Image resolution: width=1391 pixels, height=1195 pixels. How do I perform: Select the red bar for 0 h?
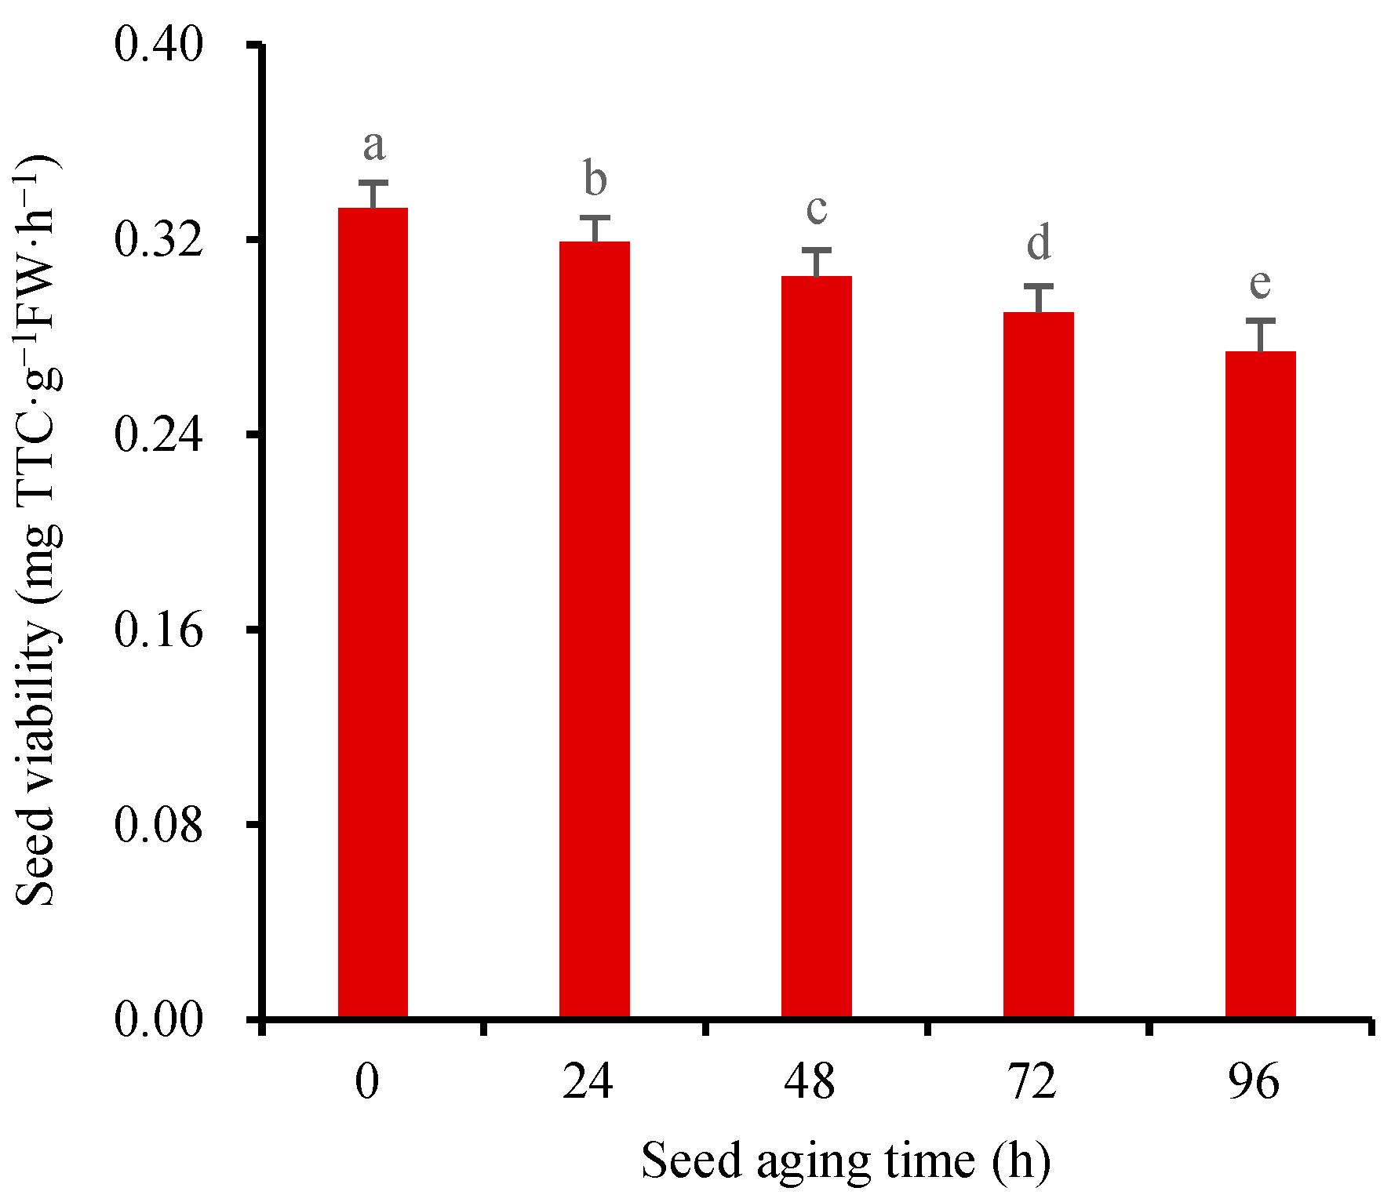[373, 612]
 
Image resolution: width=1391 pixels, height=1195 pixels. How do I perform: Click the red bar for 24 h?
[595, 627]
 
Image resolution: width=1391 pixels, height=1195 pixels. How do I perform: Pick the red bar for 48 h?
[817, 647]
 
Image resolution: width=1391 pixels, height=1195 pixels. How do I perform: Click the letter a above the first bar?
[374, 146]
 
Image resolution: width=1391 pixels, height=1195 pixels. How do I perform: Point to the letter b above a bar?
[595, 179]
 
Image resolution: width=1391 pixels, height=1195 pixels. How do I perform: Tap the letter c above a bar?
[817, 209]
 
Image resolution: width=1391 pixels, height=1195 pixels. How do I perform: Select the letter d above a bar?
[1039, 242]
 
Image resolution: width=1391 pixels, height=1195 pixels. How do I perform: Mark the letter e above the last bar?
[1260, 283]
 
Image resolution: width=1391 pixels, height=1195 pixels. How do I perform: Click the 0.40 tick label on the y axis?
[159, 44]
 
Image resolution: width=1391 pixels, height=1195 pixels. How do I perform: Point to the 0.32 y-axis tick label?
[159, 239]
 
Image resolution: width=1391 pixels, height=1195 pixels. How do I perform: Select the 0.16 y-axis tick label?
[159, 629]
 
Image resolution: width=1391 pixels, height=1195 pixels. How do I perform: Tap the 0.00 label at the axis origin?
[159, 1019]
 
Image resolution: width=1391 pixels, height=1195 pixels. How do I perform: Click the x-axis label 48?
[810, 1083]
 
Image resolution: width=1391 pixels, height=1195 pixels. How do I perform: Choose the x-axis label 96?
[1254, 1083]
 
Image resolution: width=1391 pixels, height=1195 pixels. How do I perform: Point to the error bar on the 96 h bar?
[1261, 336]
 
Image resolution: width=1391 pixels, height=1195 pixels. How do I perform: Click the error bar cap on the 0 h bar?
[373, 183]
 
